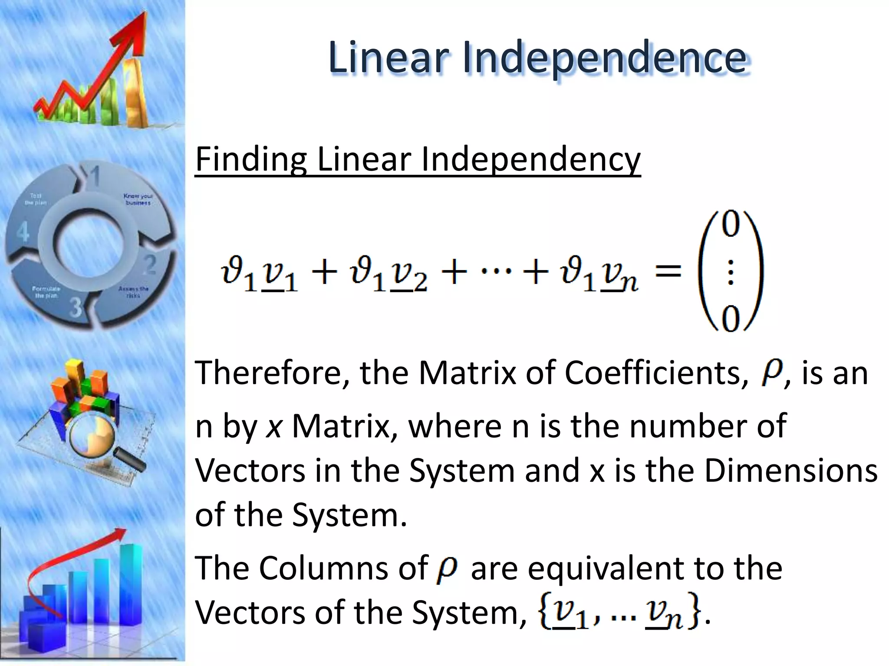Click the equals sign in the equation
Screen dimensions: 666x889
(668, 272)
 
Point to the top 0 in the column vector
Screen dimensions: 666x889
(730, 225)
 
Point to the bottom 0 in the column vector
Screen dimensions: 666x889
(730, 320)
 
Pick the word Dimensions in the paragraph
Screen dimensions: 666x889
(790, 470)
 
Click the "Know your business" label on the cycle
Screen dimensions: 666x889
(138, 199)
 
